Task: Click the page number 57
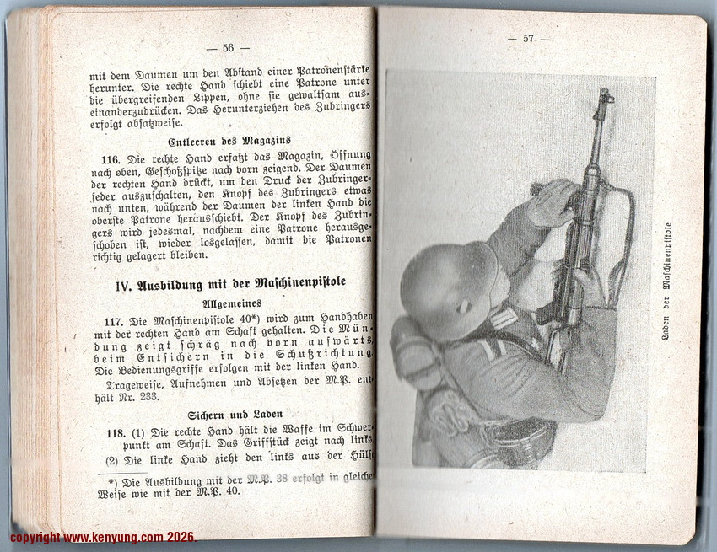pos(529,39)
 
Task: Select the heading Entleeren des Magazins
pos(229,140)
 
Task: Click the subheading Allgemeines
pos(231,303)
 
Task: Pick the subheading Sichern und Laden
pos(230,414)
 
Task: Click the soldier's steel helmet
pos(447,287)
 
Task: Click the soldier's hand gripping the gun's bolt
pos(553,202)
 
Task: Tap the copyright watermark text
pos(102,537)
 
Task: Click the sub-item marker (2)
pos(111,460)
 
